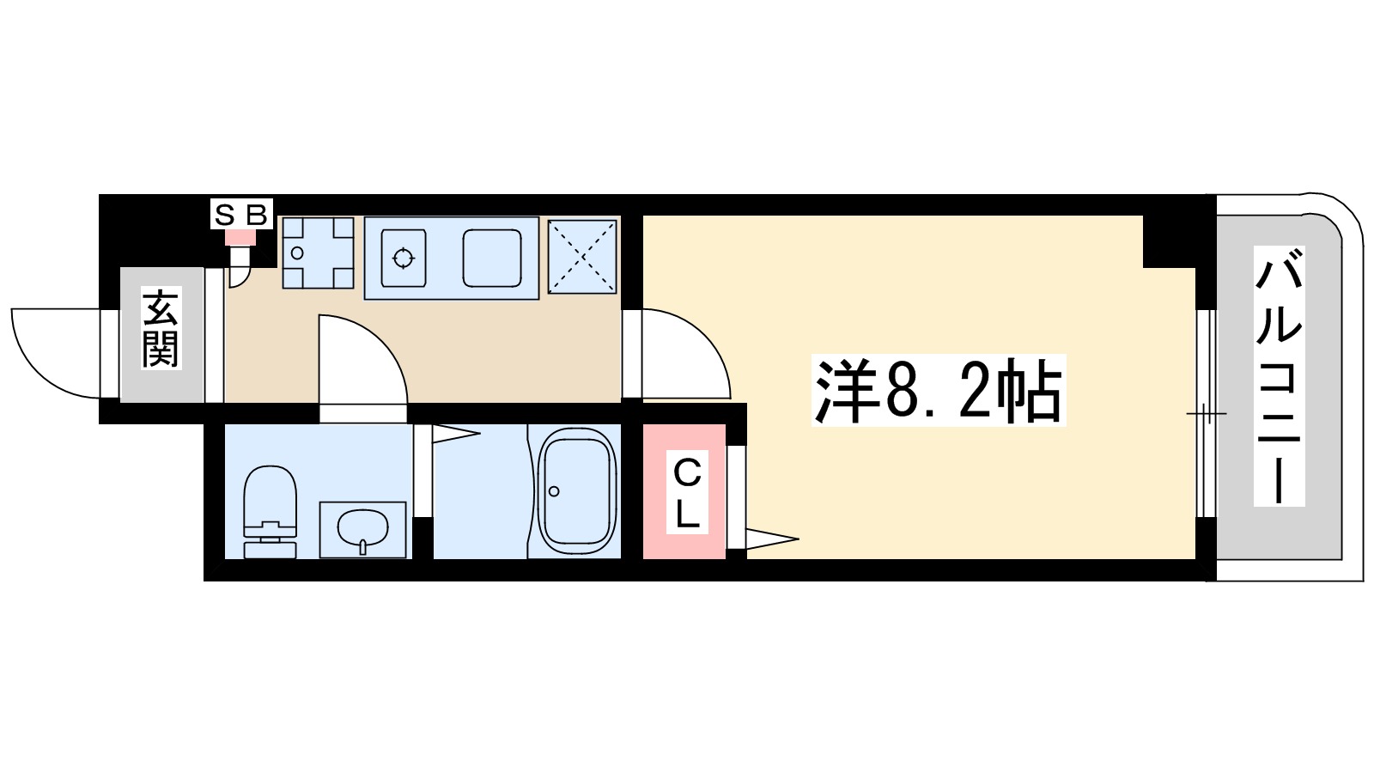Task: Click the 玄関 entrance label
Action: (161, 328)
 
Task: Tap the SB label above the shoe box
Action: (241, 215)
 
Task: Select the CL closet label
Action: (686, 493)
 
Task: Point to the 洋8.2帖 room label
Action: (938, 391)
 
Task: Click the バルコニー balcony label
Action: (1279, 375)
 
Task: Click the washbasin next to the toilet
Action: (362, 529)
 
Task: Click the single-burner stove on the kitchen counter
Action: (403, 257)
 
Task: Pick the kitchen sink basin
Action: (492, 257)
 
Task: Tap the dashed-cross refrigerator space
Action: (582, 256)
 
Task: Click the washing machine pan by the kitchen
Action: (318, 253)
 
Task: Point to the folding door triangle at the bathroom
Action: (454, 434)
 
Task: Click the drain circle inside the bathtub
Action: (554, 491)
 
